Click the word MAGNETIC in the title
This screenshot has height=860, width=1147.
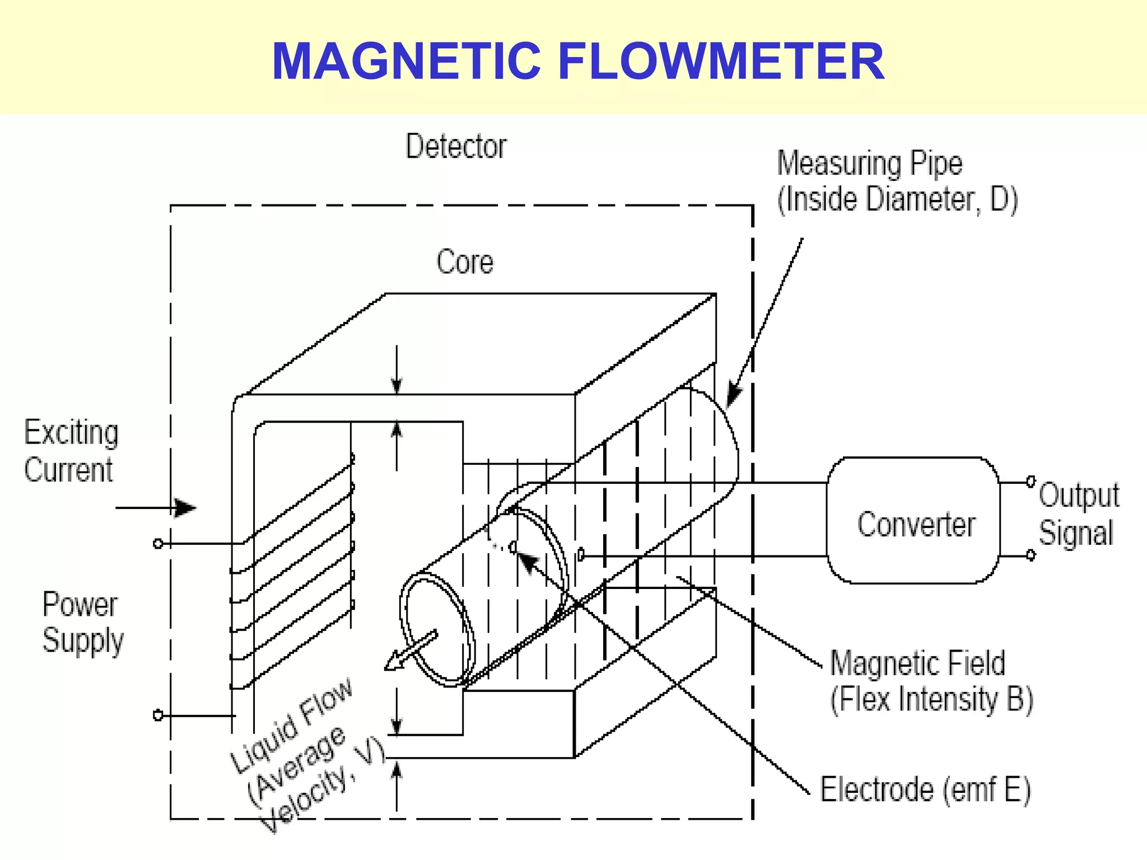(407, 61)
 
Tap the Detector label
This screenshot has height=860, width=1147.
(456, 147)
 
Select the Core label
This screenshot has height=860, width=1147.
(465, 262)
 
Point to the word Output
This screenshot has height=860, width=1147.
(1079, 496)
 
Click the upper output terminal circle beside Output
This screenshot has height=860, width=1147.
(1031, 482)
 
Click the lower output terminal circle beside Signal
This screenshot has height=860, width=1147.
(1031, 555)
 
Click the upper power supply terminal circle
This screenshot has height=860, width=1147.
(158, 544)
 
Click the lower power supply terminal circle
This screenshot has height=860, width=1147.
(158, 716)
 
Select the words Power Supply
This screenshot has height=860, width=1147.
(82, 622)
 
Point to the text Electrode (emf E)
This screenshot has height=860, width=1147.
(925, 790)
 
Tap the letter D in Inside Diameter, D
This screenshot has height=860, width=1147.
(1000, 199)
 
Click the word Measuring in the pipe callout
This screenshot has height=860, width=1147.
(838, 164)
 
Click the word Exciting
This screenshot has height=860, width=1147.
(71, 433)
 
